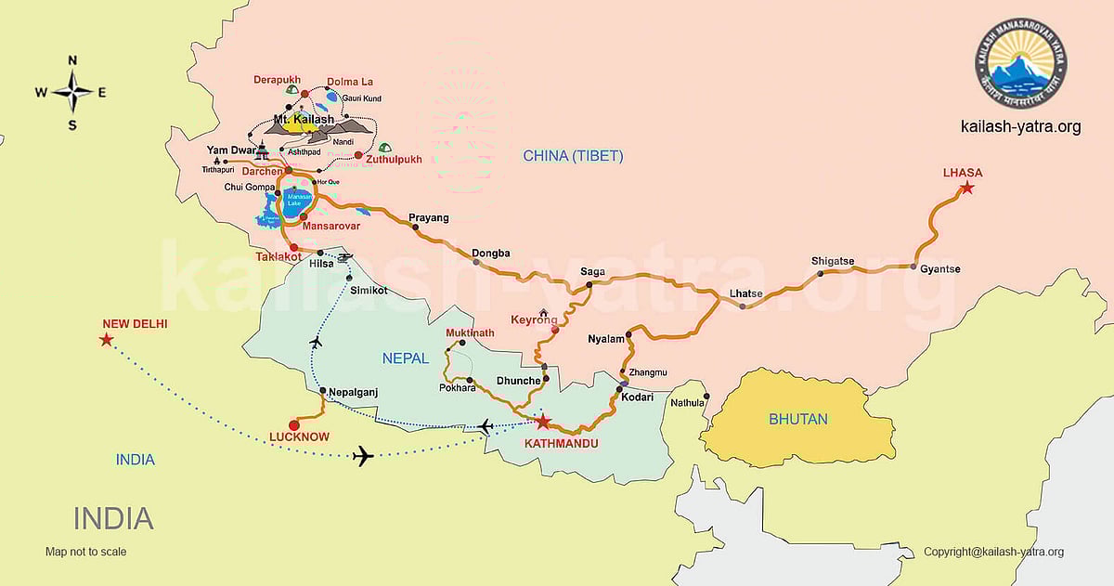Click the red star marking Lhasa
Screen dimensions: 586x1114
966,189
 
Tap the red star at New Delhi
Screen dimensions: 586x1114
106,340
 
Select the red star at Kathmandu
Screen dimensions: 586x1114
543,422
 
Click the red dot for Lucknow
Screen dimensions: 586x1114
294,425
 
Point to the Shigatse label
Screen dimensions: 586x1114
832,261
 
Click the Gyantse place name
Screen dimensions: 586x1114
940,269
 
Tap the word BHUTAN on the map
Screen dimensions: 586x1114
797,420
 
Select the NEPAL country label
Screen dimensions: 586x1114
406,358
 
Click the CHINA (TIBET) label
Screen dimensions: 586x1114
573,155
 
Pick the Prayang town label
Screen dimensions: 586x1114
428,218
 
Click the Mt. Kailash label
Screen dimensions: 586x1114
304,120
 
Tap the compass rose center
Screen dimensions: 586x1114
71,91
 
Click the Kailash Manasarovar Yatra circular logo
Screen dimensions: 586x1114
1020,66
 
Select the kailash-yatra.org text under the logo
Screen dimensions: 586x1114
1021,127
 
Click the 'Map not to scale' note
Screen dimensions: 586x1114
85,552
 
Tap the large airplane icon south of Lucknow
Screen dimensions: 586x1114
363,456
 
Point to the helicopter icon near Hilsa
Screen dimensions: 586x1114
344,257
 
